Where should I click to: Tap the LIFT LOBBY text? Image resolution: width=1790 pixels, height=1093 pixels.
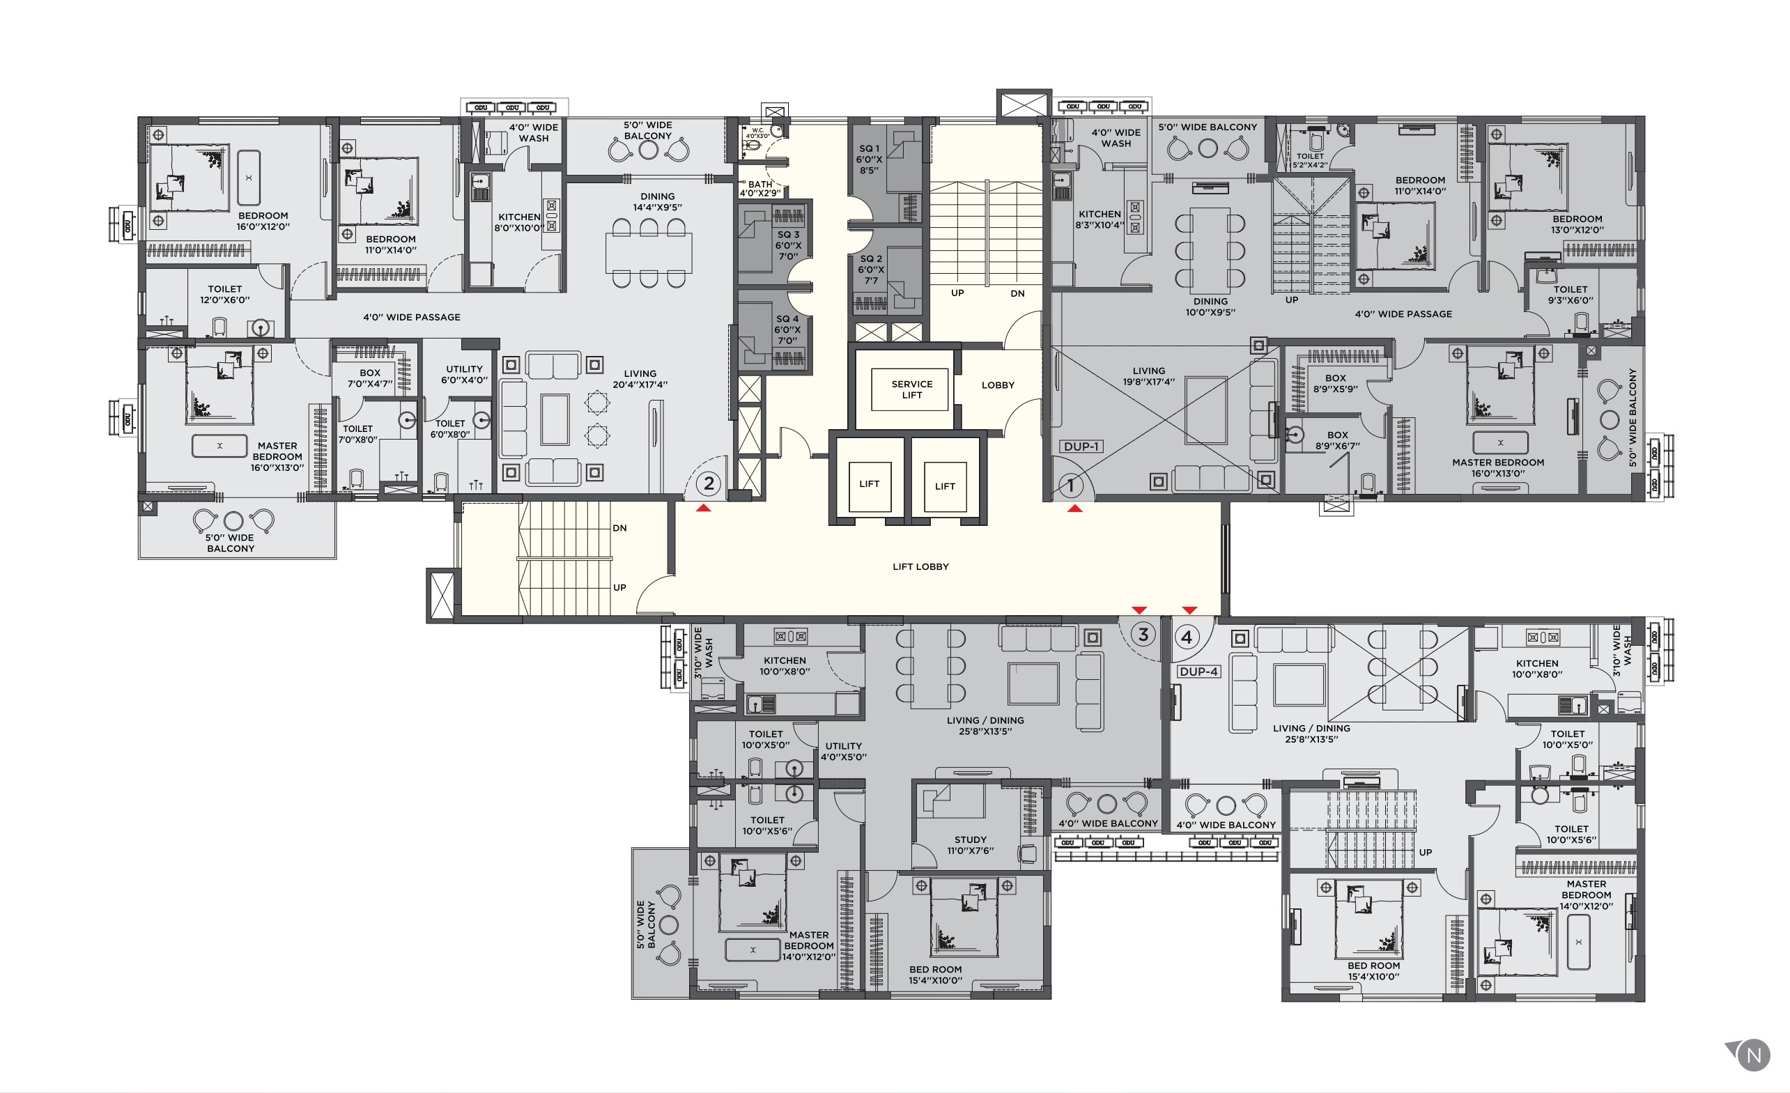coord(920,566)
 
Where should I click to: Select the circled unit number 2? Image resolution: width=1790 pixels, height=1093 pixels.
coord(709,483)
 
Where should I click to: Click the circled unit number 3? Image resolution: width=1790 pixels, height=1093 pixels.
coord(1143,635)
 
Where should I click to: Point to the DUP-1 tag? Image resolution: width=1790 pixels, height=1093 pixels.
coord(1081,447)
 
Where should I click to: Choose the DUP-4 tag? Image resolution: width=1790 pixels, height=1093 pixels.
coord(1198,672)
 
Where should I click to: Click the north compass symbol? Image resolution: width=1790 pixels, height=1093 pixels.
coord(1753,1055)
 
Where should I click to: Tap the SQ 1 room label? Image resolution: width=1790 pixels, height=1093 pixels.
coord(869,159)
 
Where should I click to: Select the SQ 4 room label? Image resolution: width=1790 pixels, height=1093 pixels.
coord(787,329)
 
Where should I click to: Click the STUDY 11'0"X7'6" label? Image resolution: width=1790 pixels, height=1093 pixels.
coord(971,844)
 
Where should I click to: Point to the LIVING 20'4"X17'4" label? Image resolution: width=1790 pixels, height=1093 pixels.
coord(640,378)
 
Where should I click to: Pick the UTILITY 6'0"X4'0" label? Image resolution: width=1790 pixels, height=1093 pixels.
coord(464,374)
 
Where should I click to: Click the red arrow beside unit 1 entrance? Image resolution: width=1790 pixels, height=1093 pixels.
coord(1075,509)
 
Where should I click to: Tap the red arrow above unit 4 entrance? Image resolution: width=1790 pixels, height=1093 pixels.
coord(1189,610)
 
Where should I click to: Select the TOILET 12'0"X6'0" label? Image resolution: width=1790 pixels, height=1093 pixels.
coord(224,294)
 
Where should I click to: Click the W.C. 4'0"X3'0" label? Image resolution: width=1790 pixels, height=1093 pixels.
coord(757,133)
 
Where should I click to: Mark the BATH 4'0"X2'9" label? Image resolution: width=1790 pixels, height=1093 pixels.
coord(760,189)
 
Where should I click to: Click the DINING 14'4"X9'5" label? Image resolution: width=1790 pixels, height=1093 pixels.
coord(658,201)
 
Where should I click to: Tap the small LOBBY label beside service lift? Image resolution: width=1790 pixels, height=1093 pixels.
coord(998,385)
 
